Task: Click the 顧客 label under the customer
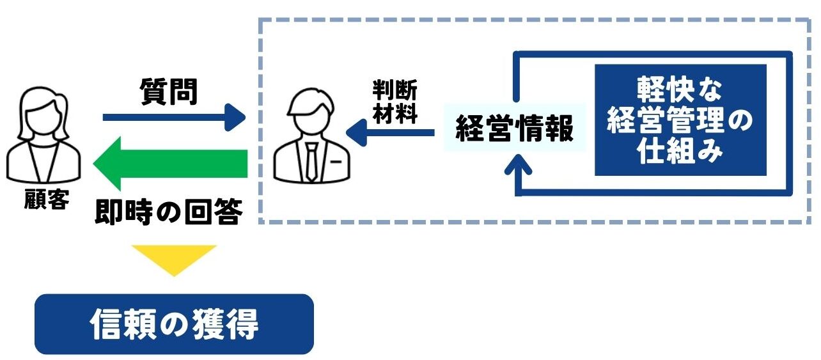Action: tap(44, 200)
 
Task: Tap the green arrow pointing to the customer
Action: tap(170, 164)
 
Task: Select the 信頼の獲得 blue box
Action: tap(174, 324)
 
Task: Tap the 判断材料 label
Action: tap(395, 102)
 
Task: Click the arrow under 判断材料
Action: tap(390, 133)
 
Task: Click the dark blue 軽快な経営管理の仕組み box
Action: tap(680, 120)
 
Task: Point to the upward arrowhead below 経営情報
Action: tap(519, 168)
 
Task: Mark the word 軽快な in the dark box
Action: tap(680, 90)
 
